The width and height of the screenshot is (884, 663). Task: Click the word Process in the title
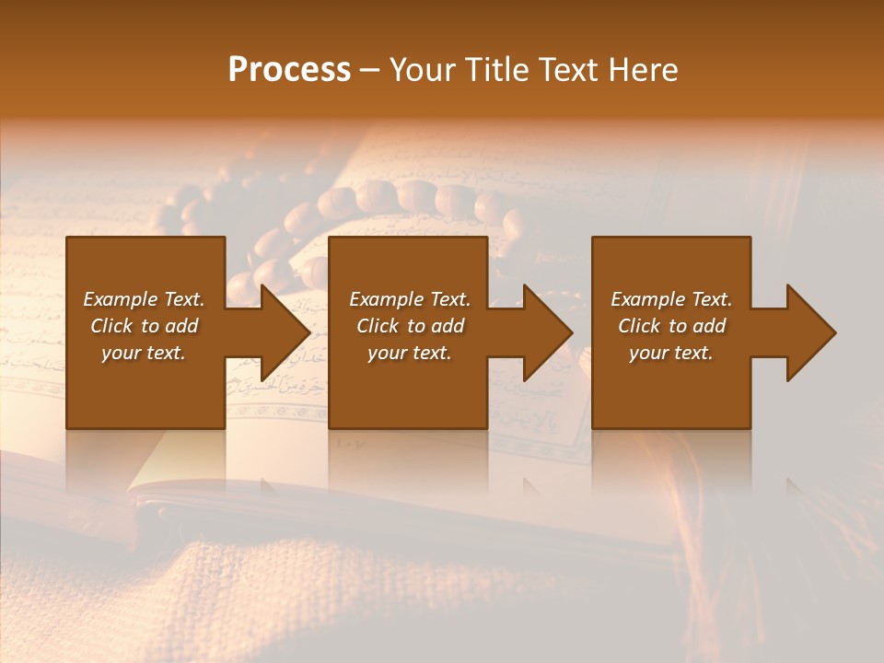click(x=289, y=70)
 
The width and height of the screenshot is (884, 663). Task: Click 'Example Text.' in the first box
click(x=144, y=299)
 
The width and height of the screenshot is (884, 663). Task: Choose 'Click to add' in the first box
click(x=144, y=326)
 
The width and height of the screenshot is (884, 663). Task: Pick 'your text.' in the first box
click(x=144, y=353)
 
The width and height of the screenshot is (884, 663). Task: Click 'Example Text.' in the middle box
click(x=410, y=299)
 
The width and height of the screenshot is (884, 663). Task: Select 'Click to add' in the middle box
click(x=410, y=326)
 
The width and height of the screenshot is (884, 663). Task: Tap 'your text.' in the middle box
click(x=410, y=353)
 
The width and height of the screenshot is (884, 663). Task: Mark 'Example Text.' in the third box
click(x=671, y=299)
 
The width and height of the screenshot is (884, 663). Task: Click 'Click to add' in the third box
click(x=671, y=326)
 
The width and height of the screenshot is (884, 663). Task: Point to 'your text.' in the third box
click(x=671, y=353)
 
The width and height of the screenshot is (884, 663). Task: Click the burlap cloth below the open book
click(x=276, y=589)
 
